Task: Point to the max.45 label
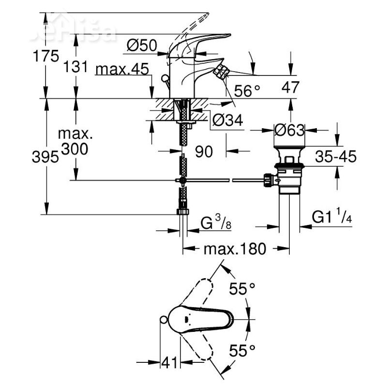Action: [121, 70]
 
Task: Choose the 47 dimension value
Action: [290, 88]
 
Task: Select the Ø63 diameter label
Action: [289, 130]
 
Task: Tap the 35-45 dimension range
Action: [335, 156]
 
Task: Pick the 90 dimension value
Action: [204, 152]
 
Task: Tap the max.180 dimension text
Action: [235, 249]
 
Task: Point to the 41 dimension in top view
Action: [169, 361]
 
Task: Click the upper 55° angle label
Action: [242, 289]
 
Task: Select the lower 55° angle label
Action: [242, 350]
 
